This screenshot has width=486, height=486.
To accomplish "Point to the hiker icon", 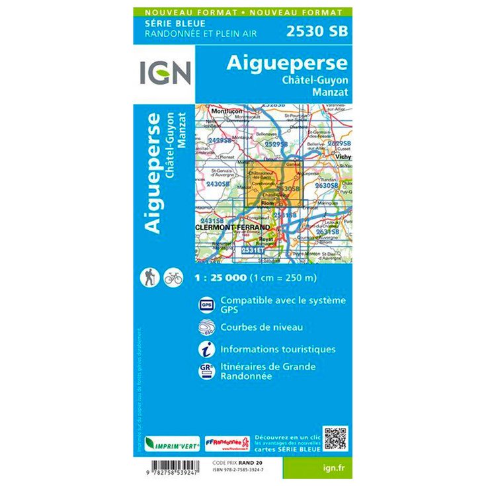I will pos(149,278).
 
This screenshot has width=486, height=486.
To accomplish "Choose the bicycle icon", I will pos(173,278).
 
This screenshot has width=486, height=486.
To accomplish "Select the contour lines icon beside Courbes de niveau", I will pos(205,327).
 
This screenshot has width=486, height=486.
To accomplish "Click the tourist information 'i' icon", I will pos(205,349).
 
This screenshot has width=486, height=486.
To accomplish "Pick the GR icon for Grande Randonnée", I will pos(205,371).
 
